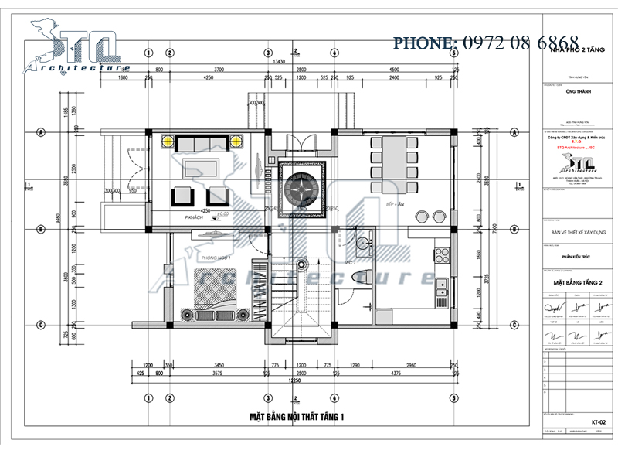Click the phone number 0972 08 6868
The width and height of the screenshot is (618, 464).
coord(487,42)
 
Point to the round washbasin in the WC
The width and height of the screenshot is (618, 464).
coord(364,243)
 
